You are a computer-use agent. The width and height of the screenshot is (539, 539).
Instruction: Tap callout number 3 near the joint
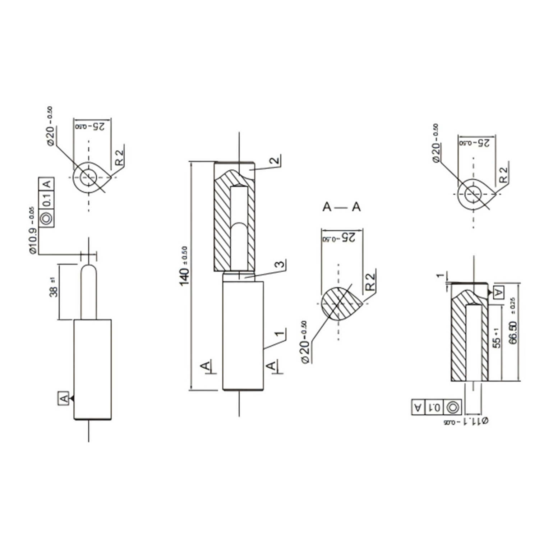tap(280, 264)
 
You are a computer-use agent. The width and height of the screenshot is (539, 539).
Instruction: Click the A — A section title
tap(341, 207)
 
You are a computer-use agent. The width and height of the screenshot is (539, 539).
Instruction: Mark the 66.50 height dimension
tap(513, 332)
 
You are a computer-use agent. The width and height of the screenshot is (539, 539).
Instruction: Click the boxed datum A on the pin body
tap(64, 398)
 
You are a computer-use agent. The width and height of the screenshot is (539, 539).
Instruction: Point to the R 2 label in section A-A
tap(370, 282)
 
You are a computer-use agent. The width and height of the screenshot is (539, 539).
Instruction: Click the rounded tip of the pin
tap(89, 269)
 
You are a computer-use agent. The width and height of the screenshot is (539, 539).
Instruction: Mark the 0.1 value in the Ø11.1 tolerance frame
tap(435, 407)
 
